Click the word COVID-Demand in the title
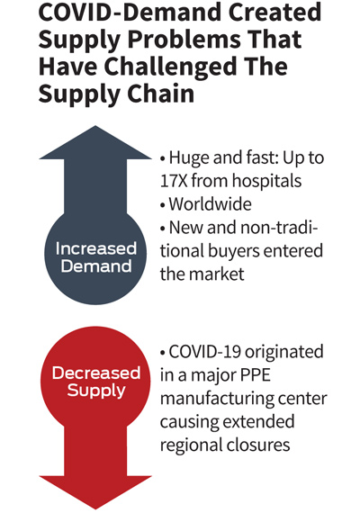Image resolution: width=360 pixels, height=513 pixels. click(130, 12)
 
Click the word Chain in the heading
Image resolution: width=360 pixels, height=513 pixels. click(161, 94)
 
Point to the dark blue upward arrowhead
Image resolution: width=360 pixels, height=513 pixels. click(95, 142)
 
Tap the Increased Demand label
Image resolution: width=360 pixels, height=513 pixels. click(96, 257)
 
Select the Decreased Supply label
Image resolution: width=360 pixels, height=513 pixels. click(96, 382)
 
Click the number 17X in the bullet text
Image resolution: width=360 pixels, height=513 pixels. click(174, 180)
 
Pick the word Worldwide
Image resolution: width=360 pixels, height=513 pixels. click(210, 203)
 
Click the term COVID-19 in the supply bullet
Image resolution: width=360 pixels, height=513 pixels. click(205, 352)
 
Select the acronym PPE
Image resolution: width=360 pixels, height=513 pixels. click(256, 375)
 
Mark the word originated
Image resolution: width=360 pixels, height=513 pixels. click(284, 353)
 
